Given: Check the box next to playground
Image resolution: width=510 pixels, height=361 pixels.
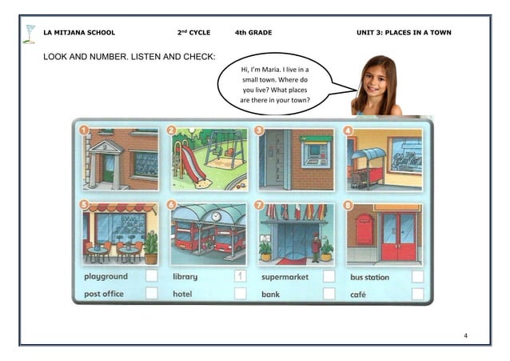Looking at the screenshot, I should point(151,276).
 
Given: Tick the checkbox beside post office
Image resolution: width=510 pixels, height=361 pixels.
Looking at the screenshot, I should point(151,294).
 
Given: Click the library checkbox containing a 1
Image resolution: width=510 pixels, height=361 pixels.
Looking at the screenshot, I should point(240,276).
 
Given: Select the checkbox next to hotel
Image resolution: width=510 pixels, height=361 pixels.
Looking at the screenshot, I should point(240,294).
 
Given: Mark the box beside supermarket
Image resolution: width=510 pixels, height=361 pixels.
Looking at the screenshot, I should point(329,276).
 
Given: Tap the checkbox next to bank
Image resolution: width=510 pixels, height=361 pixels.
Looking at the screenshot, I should point(329,294).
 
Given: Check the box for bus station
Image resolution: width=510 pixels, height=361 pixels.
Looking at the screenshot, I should point(417,276).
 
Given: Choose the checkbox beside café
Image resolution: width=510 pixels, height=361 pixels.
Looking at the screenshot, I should point(417,294).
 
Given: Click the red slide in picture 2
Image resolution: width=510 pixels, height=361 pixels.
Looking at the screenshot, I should point(193,163).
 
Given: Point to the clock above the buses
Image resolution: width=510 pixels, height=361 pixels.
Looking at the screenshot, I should point(216,216).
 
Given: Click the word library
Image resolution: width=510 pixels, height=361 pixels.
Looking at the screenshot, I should point(185,277).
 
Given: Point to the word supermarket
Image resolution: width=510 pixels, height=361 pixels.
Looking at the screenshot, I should point(285,277).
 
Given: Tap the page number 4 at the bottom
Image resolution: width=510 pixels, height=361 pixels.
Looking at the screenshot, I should point(465,333).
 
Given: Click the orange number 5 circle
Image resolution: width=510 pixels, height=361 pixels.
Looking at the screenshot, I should point(85,205).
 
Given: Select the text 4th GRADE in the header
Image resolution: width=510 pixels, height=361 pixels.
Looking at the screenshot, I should point(253,33).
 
